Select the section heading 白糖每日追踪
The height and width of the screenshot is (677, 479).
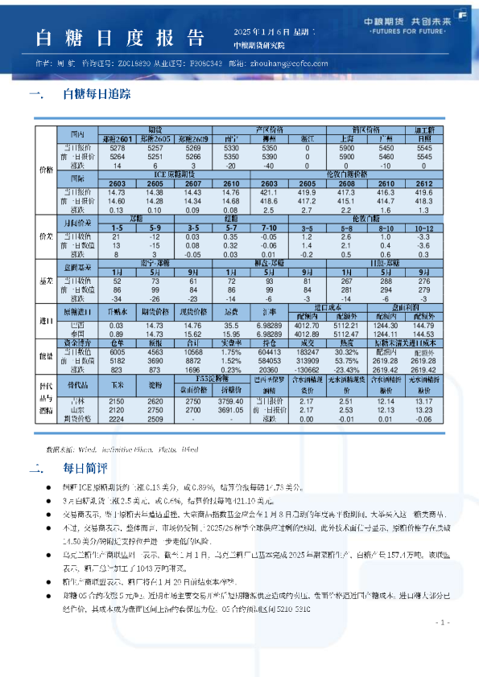point(96,95)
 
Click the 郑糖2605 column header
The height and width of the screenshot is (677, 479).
point(155,139)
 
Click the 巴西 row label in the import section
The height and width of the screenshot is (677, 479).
point(78,325)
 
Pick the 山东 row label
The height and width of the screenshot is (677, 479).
point(78,408)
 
